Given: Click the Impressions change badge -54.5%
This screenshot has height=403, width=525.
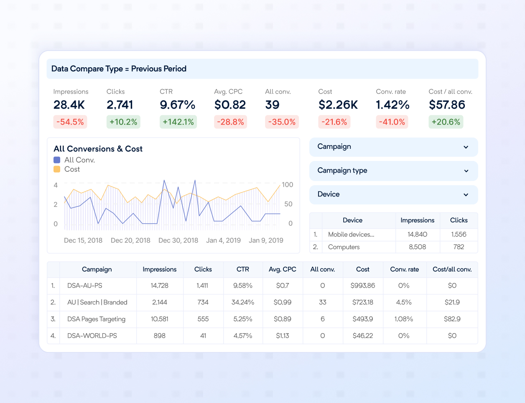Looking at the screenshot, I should [x=70, y=122].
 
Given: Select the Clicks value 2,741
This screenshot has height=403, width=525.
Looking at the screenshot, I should [x=120, y=105].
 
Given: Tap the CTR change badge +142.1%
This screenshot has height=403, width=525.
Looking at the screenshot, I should [x=178, y=122].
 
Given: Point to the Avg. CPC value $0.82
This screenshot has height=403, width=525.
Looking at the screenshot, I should [x=230, y=105].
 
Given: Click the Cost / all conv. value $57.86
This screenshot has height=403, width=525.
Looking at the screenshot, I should [x=447, y=105].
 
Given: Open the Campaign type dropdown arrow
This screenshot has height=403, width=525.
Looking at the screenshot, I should [x=466, y=171].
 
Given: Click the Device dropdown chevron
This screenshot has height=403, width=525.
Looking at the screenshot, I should [x=466, y=195].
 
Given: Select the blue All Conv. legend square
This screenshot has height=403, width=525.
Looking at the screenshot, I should [x=57, y=160].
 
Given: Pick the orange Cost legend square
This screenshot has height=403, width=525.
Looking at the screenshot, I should [x=57, y=169].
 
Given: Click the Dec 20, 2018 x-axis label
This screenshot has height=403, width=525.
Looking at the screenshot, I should [x=130, y=240].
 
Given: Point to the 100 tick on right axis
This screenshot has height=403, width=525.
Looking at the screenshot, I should [x=288, y=185].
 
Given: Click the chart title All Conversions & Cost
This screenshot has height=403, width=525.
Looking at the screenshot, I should [x=98, y=149].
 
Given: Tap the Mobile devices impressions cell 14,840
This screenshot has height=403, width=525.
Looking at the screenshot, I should [x=417, y=235].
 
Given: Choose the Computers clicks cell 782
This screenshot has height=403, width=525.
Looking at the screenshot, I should [x=459, y=247].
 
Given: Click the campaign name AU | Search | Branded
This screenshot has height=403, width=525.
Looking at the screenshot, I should [x=97, y=302].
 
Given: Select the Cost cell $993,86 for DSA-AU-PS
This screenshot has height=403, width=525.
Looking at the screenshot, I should [x=363, y=286].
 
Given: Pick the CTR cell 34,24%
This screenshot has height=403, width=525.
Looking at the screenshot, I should [x=243, y=302].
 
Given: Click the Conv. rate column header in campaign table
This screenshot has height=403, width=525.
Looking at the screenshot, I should [x=404, y=270].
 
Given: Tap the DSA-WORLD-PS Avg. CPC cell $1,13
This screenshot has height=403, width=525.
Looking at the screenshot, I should [x=283, y=336].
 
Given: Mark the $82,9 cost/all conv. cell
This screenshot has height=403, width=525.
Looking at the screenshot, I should [x=452, y=319].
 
